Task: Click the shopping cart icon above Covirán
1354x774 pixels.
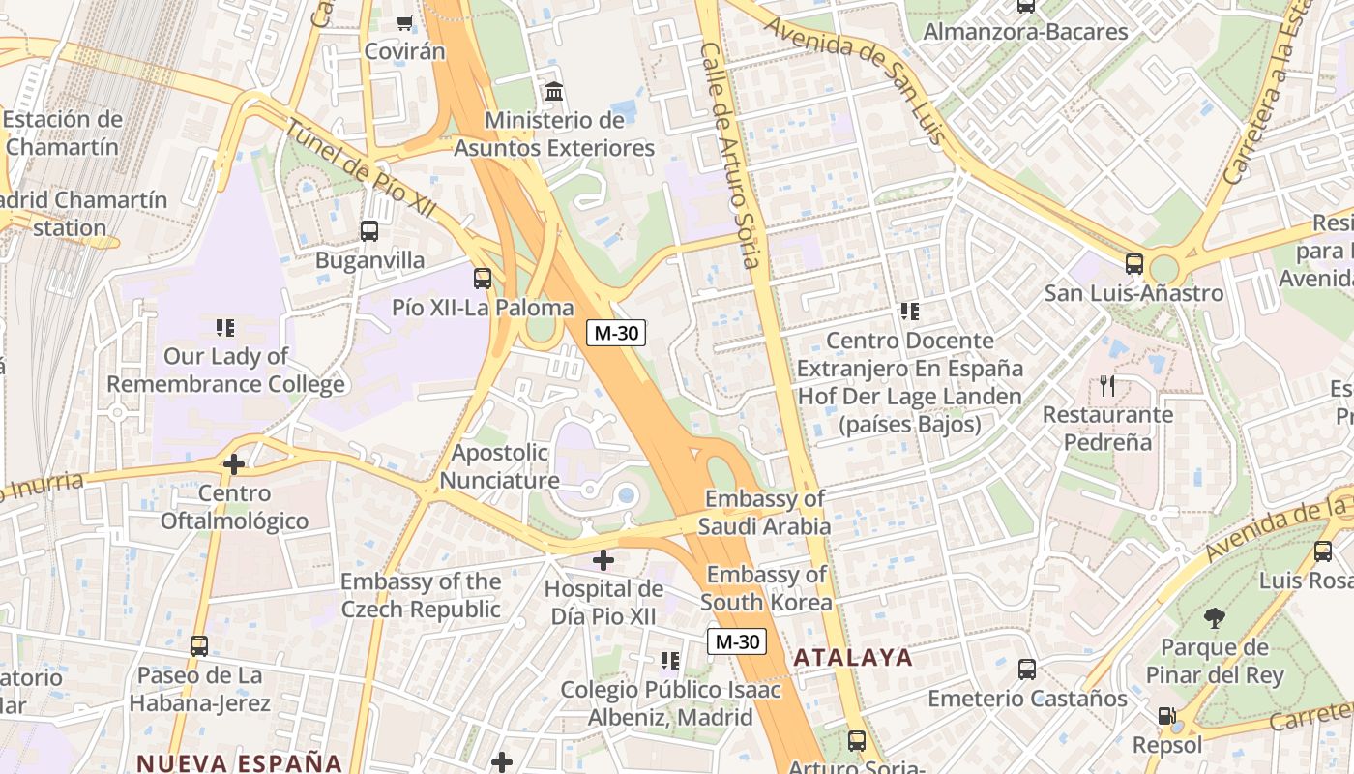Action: tap(404, 22)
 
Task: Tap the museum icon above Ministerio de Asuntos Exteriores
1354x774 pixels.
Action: tap(555, 92)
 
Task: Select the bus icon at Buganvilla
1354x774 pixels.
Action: tap(369, 231)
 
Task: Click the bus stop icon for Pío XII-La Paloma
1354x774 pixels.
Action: tap(483, 279)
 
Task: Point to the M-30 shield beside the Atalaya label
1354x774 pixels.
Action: tap(736, 641)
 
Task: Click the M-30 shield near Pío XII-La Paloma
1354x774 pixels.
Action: tap(616, 333)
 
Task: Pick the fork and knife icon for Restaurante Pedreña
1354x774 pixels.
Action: tap(1107, 386)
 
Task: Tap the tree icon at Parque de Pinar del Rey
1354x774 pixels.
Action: tap(1215, 618)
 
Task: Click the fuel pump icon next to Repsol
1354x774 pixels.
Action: tap(1168, 717)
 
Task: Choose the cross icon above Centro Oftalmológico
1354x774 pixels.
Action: tap(233, 464)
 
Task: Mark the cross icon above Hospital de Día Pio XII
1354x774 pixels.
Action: tap(603, 559)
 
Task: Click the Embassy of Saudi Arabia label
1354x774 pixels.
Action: tap(765, 513)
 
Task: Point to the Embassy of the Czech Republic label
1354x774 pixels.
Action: tap(421, 595)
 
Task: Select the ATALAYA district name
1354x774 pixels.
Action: tap(853, 658)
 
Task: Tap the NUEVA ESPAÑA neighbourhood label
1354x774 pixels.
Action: tap(239, 762)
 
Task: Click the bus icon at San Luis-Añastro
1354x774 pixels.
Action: tap(1134, 263)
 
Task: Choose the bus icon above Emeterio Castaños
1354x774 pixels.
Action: tap(1027, 670)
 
